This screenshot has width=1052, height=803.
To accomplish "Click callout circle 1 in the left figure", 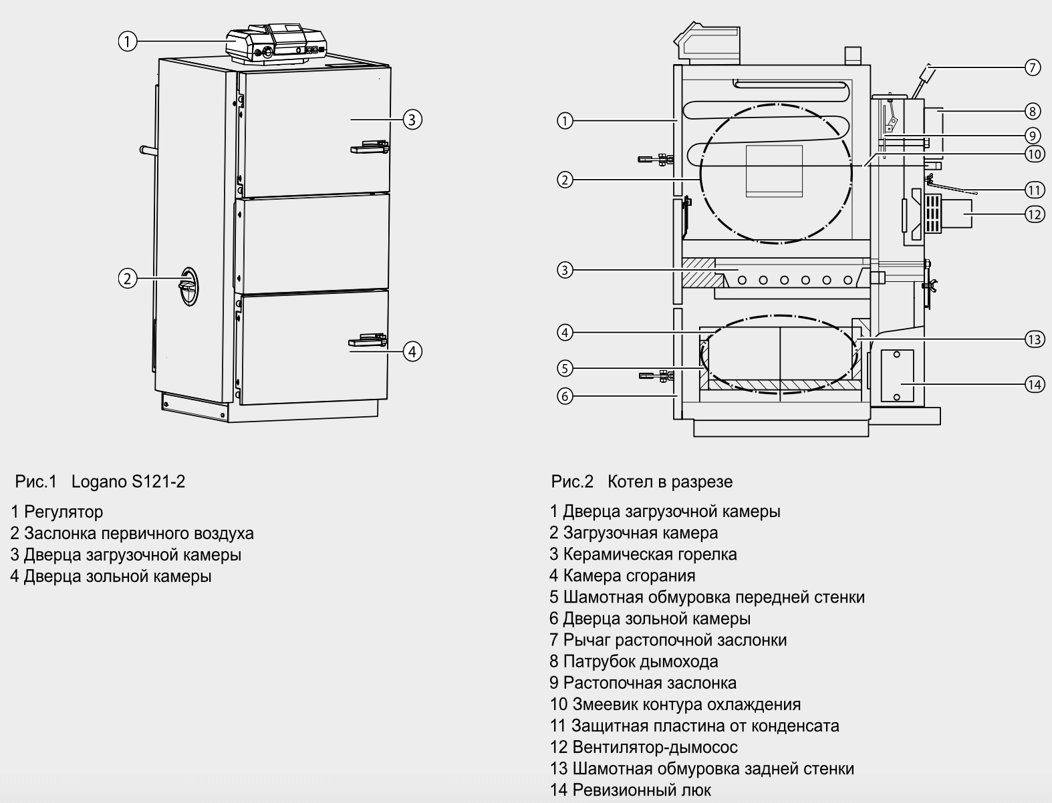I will (127, 41).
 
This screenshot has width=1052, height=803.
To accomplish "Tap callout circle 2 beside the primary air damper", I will (127, 278).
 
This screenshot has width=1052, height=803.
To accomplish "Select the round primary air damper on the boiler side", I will (189, 287).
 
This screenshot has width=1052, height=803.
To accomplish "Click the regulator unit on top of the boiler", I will (275, 45).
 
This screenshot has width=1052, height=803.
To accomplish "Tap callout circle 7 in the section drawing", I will (1033, 67).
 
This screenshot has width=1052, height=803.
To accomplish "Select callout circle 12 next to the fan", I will (1034, 214).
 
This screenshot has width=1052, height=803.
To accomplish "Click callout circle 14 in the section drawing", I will (1034, 384).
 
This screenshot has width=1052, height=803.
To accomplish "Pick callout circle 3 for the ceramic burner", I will (565, 271).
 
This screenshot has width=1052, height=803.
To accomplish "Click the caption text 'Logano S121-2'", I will (128, 481).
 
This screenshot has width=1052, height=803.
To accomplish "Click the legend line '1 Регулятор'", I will (57, 512).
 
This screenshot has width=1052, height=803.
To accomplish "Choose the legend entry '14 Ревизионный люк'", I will (630, 790).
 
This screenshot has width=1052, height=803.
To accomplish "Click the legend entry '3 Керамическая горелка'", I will (643, 554).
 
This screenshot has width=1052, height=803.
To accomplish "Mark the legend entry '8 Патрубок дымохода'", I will (634, 661).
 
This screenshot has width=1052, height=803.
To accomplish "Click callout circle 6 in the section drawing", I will (565, 396).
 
